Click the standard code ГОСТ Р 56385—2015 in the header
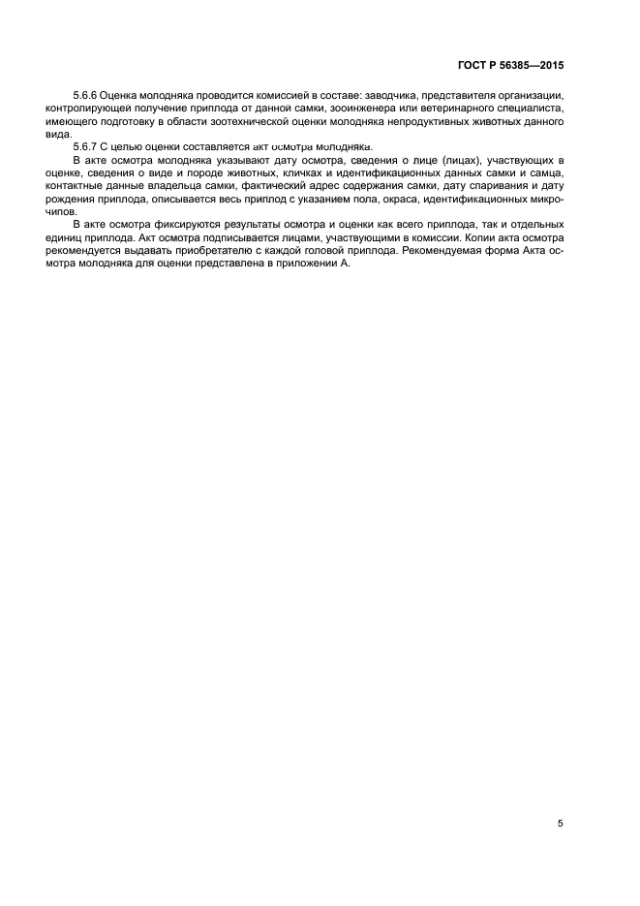click(x=510, y=66)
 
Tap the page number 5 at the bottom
click(x=561, y=824)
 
